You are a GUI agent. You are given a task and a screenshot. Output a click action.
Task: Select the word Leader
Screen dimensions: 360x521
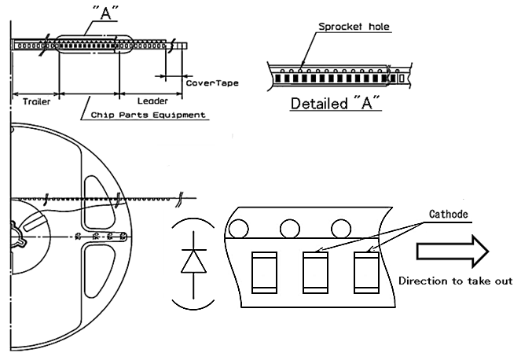pos(152,101)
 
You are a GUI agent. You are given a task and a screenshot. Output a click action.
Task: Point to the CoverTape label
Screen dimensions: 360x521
pos(211,83)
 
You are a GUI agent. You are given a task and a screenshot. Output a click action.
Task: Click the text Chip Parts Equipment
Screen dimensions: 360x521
pos(148,115)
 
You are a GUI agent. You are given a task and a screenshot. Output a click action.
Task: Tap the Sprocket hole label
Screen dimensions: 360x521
pos(354,27)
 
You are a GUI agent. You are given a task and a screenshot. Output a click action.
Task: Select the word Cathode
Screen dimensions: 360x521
pos(450,214)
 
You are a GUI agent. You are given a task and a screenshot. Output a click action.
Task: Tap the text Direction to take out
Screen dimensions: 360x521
pos(456,281)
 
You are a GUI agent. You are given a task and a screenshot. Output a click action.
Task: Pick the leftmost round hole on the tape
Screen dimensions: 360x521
pos(237,229)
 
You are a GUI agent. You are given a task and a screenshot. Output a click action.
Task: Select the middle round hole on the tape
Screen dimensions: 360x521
pos(289,229)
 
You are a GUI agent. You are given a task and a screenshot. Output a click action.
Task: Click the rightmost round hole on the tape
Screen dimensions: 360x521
pos(340,229)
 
